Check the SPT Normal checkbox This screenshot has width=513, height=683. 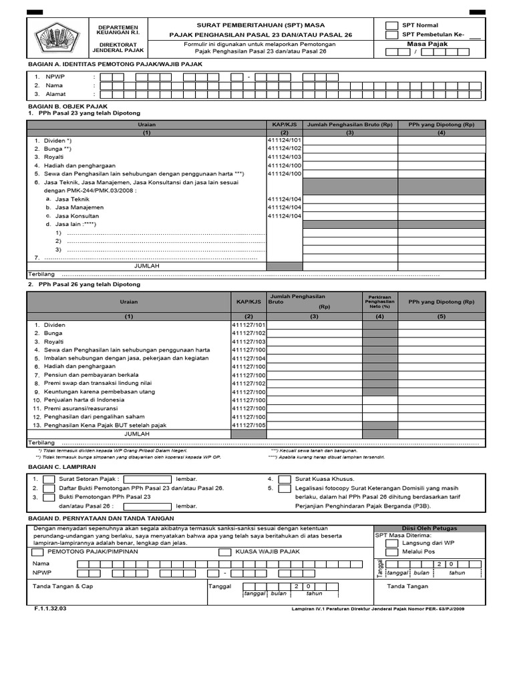click(392, 25)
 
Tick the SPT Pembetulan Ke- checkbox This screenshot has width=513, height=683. click(392, 35)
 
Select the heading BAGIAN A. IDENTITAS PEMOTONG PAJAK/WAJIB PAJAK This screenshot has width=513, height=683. click(114, 64)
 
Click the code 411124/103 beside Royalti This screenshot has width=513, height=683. click(285, 157)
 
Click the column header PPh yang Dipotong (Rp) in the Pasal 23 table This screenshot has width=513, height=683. click(441, 125)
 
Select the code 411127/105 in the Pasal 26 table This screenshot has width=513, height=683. click(248, 425)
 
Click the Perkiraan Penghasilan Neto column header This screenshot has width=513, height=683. click(379, 301)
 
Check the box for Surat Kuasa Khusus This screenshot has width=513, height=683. click(285, 479)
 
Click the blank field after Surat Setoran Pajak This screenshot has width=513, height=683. click(147, 479)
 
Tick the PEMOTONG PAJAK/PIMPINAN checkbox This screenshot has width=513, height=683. click(37, 552)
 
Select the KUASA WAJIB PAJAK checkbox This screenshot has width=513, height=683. click(225, 552)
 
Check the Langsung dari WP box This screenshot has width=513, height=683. click(391, 543)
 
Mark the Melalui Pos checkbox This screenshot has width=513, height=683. click(391, 552)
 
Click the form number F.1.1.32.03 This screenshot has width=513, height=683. click(51, 608)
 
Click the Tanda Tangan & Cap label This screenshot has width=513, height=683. click(63, 586)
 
